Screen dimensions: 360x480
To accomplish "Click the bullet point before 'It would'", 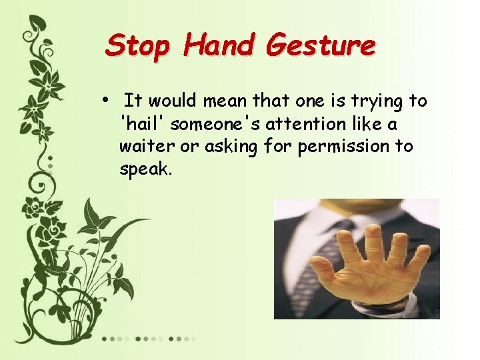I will tap(107, 101).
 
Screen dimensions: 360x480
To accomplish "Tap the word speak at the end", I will tap(146, 169).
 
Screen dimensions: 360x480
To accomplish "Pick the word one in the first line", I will tap(305, 101).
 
